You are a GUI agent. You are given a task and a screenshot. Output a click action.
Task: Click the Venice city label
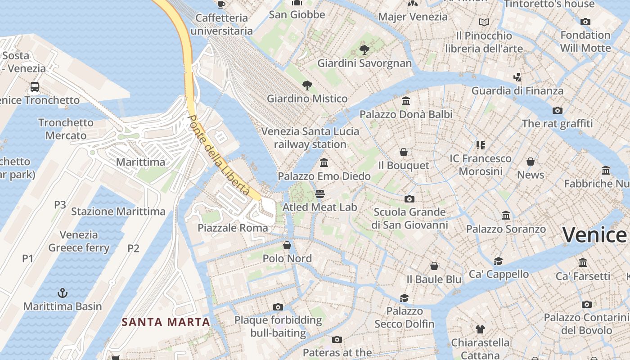pos(594,235)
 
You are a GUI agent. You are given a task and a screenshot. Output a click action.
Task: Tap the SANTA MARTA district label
pos(166,322)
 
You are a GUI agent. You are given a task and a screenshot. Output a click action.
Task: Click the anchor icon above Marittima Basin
pos(63,293)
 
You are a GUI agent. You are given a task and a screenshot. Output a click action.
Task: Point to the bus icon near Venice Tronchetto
pos(35,86)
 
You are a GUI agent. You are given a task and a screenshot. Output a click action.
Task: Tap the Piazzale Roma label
pos(233,228)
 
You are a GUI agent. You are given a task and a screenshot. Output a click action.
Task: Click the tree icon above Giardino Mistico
pos(307,85)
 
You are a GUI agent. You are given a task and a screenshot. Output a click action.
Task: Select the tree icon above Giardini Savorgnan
pos(364,49)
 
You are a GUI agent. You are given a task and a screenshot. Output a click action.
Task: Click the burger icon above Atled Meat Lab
pos(320,194)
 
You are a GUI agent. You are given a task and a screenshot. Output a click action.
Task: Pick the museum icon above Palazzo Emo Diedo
pos(324,162)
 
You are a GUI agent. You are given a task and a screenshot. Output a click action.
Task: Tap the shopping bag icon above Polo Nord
pos(287,245)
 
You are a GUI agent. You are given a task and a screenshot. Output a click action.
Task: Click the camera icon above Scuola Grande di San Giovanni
pos(409,199)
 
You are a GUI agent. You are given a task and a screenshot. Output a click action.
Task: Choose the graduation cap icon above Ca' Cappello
pos(498,261)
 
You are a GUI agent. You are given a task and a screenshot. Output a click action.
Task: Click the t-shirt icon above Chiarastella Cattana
pos(480,329)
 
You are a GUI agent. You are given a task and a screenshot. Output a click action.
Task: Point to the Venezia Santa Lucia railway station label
pos(310,138)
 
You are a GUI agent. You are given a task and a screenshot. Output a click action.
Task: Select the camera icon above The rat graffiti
pos(558,110)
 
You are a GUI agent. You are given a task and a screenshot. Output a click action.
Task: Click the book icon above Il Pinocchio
pos(484,22)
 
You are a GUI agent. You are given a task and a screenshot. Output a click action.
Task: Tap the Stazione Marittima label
pos(118,211)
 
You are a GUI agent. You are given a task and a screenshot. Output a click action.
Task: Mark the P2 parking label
pos(133,248)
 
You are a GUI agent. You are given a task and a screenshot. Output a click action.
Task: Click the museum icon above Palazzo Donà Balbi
pos(406,101)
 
